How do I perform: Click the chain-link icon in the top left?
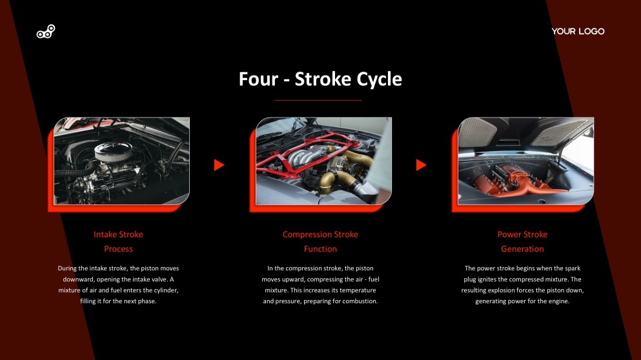(46, 32)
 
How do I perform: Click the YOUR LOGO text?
(578, 32)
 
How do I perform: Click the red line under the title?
(318, 101)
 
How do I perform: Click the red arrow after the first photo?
(219, 165)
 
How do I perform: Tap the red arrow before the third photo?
(421, 165)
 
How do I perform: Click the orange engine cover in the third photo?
(516, 177)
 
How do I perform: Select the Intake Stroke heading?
(118, 234)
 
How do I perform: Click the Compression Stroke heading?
(320, 234)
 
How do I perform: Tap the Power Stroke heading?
(522, 234)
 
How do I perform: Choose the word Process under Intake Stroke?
(118, 249)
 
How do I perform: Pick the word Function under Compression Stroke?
(320, 249)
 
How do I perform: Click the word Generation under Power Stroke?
(522, 249)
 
